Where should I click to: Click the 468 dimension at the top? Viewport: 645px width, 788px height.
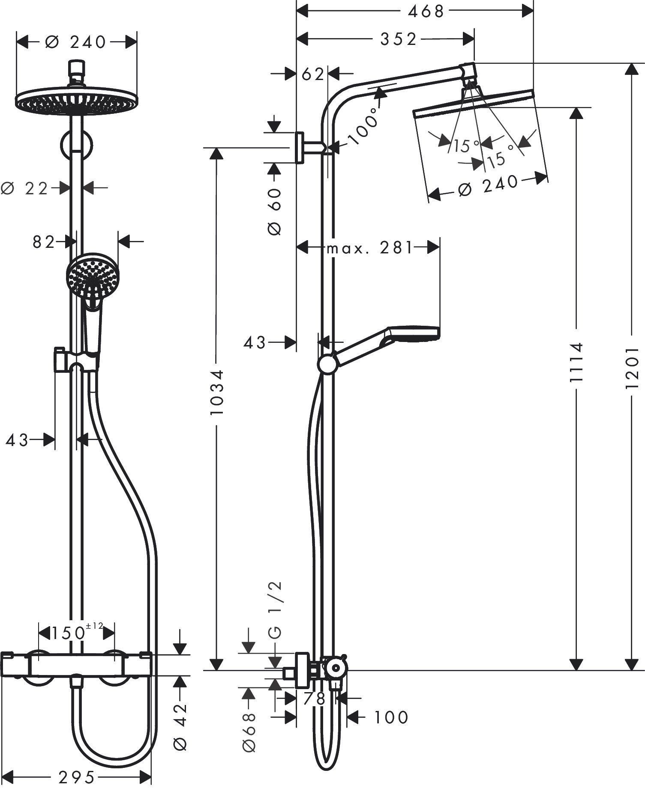[426, 12]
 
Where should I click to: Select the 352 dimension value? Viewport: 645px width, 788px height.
[399, 39]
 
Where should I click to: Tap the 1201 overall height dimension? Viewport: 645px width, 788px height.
[632, 368]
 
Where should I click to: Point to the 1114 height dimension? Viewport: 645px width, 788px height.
[577, 362]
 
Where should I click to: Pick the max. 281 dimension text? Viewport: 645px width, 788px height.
[369, 247]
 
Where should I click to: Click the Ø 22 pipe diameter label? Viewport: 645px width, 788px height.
[26, 188]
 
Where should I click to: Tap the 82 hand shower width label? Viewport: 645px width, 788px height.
[44, 242]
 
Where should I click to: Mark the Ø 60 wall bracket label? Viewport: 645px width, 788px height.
[275, 211]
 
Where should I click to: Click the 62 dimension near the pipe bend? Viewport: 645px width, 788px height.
[312, 74]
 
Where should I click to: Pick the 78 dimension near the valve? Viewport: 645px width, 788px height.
[315, 699]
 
